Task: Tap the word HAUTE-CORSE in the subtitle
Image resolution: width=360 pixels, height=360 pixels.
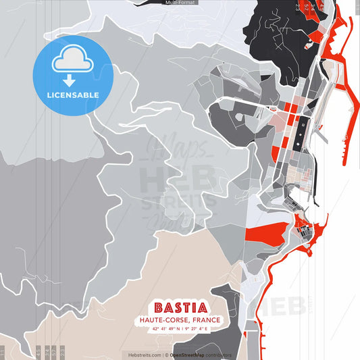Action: coord(162,320)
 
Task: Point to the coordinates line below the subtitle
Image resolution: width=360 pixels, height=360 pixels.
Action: coord(180,329)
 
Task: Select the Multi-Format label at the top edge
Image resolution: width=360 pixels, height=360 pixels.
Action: coord(180,3)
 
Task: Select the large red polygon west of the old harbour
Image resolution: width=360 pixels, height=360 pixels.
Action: coord(260,234)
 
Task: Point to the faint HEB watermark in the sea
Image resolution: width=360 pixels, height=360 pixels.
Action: coord(287,305)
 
